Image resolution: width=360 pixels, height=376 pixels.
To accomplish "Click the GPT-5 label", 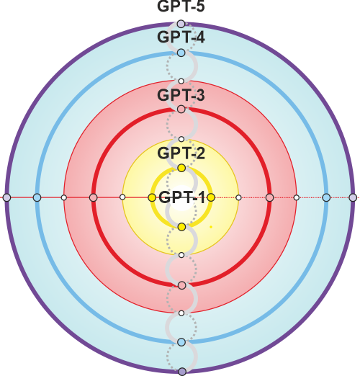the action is pos(181,6).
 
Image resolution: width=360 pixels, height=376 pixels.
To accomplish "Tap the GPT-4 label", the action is pos(181,37).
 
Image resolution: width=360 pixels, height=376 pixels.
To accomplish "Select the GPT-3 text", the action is pos(181,95).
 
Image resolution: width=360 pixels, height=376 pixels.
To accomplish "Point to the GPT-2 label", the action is pos(181,153).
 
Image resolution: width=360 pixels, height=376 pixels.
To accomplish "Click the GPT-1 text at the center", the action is pos(181,197).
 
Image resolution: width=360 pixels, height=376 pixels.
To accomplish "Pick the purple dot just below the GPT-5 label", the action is pos(181,24).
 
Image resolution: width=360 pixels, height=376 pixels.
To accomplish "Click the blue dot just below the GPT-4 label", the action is pos(181,53).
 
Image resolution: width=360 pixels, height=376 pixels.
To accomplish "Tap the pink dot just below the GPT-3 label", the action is pos(181,109).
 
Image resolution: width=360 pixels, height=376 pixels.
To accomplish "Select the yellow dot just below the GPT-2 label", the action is pos(181,168).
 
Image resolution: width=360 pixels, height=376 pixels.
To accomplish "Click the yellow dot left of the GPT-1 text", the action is pos(152,198).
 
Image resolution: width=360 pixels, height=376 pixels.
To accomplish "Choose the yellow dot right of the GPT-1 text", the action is pos(211,197).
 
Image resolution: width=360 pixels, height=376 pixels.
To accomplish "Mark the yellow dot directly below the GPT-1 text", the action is pos(182,227).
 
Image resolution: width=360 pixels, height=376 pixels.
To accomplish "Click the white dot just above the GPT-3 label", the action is pos(181,81).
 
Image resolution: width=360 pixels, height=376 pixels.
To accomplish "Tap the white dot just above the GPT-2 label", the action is pos(181,139).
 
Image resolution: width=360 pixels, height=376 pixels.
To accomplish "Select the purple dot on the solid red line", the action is pos(7,198).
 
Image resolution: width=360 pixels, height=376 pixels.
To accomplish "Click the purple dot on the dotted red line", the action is pos(353,198).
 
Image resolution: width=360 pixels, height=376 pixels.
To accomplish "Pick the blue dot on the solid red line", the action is pos(37,198).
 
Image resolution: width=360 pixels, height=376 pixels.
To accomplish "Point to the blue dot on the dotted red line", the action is pos(326,198).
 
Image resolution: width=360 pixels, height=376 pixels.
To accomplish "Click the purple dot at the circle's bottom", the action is pos(182,372).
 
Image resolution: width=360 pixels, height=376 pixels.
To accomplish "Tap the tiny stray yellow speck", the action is pos(211,227).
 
